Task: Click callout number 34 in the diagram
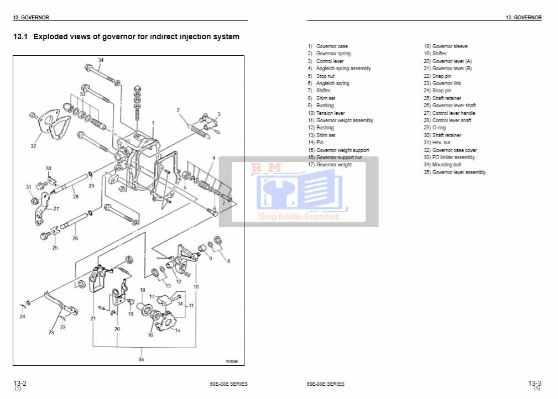coord(101,60)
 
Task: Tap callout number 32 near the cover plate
coord(33,146)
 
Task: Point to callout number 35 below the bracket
coord(141,359)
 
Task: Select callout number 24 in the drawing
coord(22,317)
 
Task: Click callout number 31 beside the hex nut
coord(29,187)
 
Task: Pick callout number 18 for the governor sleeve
coord(142,290)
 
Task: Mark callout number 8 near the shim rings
coord(228,261)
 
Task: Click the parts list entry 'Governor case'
coord(332,46)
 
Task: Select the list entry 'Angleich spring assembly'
coord(343,69)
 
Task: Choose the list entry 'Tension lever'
coord(330,113)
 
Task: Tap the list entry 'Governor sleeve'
coord(450,46)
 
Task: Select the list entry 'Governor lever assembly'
coord(458,172)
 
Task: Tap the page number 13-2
coord(20,383)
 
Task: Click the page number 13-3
coord(534,383)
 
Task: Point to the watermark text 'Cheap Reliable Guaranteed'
coord(299,217)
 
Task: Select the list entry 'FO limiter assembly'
coord(453,158)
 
